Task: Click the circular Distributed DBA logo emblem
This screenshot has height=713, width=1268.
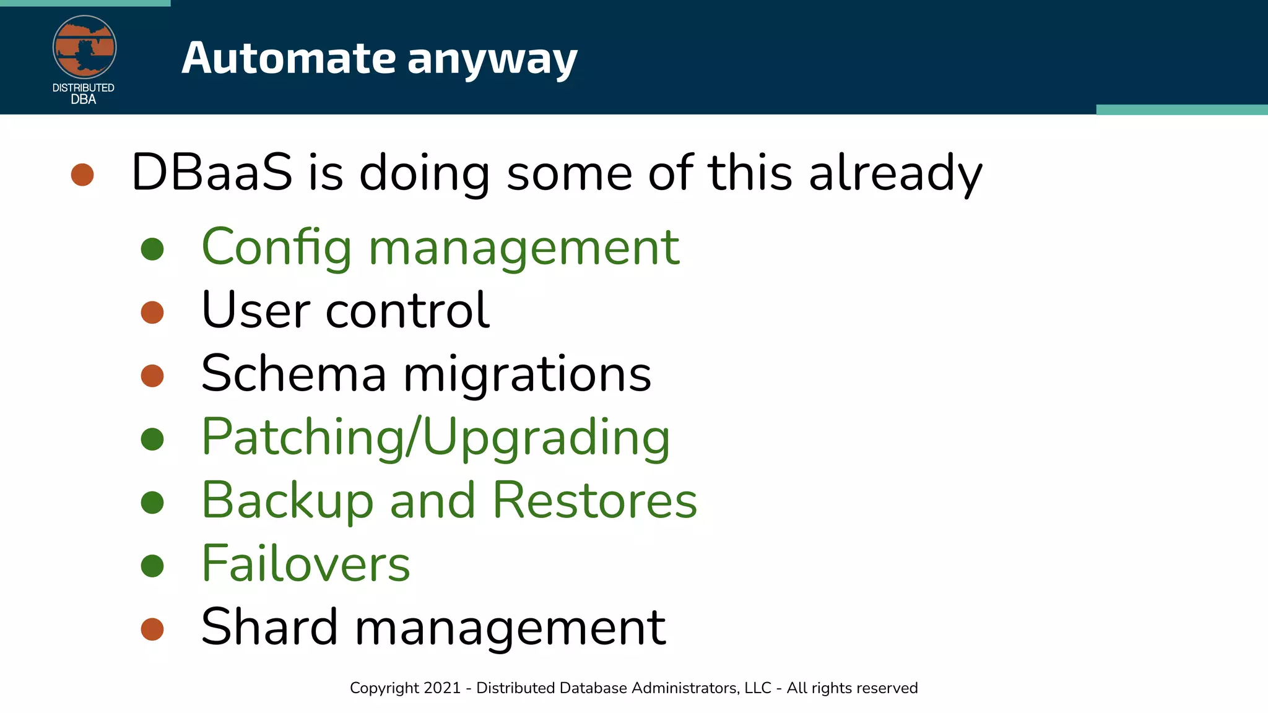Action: (x=84, y=47)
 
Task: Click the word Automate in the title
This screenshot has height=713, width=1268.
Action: (x=289, y=58)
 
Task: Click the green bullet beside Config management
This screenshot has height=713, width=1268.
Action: (x=152, y=249)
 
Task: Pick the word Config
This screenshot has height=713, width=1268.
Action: (x=277, y=248)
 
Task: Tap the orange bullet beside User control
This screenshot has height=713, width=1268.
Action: (x=152, y=313)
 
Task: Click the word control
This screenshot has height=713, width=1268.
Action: (x=407, y=311)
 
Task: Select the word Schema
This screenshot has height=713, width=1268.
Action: (x=294, y=374)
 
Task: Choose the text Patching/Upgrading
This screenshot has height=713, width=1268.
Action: (x=435, y=438)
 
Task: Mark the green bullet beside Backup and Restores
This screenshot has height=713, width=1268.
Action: (x=152, y=502)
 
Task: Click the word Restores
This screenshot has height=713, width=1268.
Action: (x=594, y=500)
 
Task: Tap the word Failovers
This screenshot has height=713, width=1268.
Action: (x=306, y=564)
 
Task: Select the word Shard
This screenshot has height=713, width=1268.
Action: (x=269, y=627)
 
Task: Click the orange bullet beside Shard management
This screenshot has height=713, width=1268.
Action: (x=152, y=629)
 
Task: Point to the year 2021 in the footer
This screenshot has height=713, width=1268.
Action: (x=443, y=688)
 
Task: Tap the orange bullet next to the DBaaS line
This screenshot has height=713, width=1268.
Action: (x=82, y=175)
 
